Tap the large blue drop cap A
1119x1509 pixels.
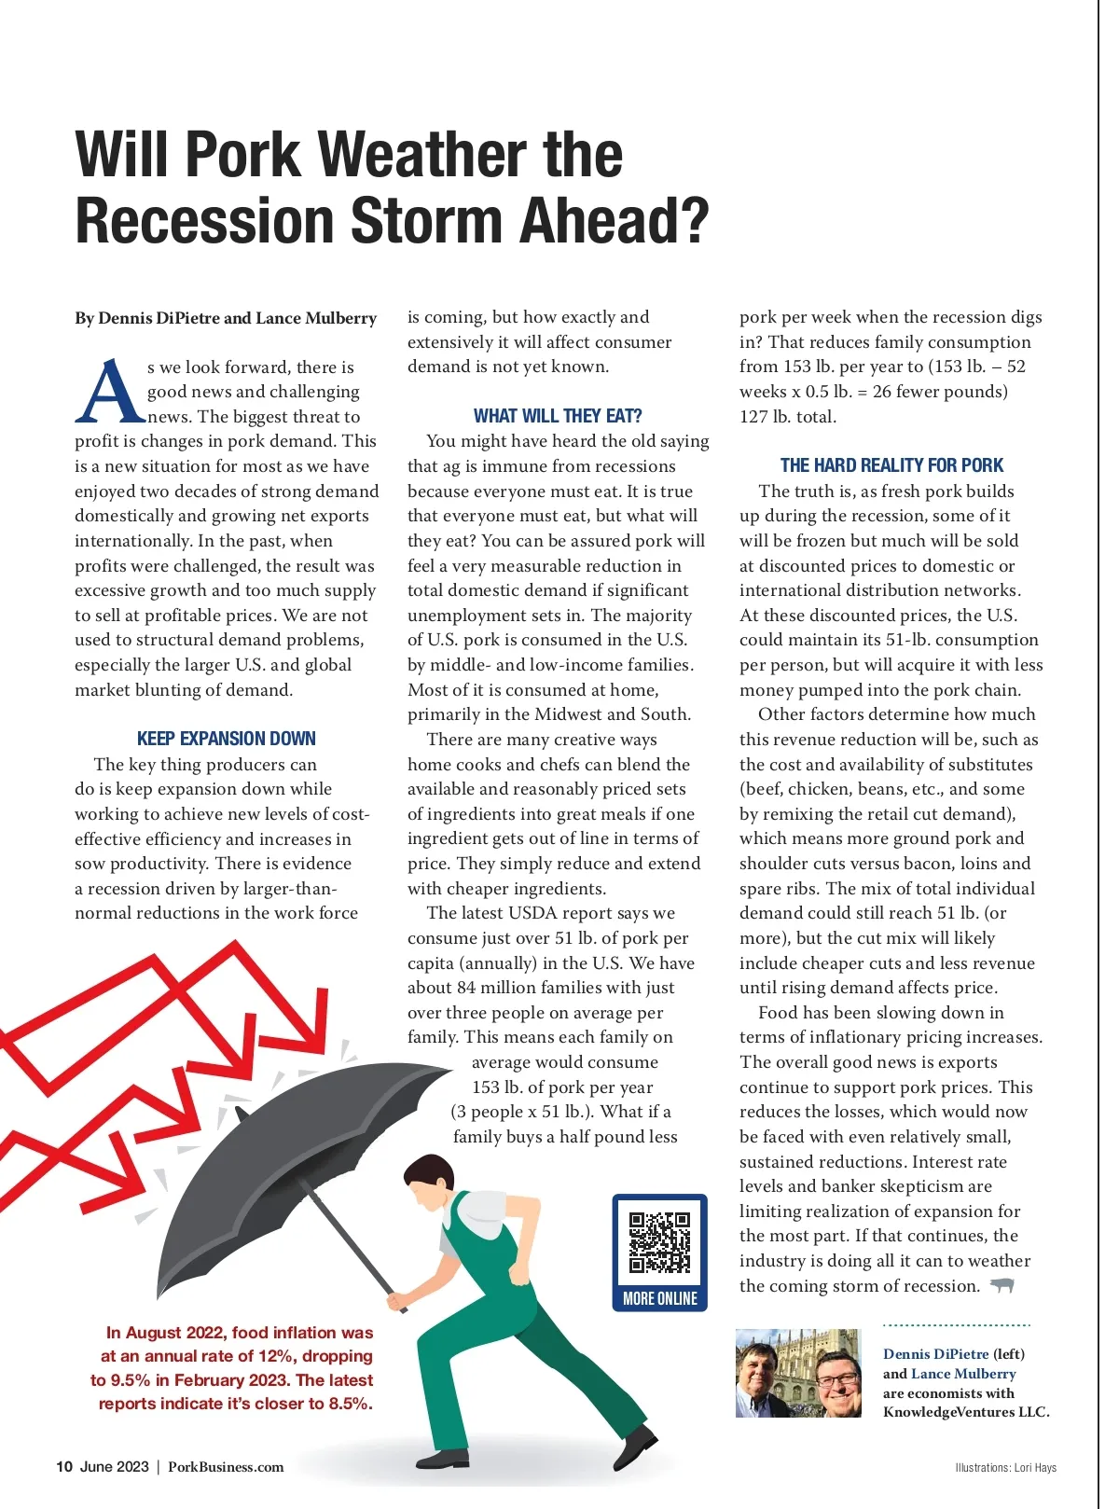pyautogui.click(x=109, y=393)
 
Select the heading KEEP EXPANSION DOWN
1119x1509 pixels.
pyautogui.click(x=227, y=739)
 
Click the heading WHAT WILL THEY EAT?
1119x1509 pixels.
pyautogui.click(x=558, y=416)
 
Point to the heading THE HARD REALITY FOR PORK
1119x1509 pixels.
pyautogui.click(x=891, y=465)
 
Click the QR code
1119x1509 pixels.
pyautogui.click(x=659, y=1242)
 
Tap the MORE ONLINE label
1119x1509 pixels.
pyautogui.click(x=659, y=1298)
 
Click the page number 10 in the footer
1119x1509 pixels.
pyautogui.click(x=63, y=1466)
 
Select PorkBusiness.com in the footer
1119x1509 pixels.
pyautogui.click(x=226, y=1466)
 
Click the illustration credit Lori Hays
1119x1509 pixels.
pyautogui.click(x=1035, y=1467)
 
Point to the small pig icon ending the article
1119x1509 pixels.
pyautogui.click(x=1002, y=1286)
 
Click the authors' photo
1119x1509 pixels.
pyautogui.click(x=798, y=1373)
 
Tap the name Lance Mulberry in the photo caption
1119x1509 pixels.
pyautogui.click(x=963, y=1374)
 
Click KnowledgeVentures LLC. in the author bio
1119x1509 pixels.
pyautogui.click(x=966, y=1412)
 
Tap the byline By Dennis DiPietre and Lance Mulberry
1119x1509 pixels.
pyautogui.click(x=226, y=318)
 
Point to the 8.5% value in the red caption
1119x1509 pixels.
pyautogui.click(x=350, y=1404)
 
